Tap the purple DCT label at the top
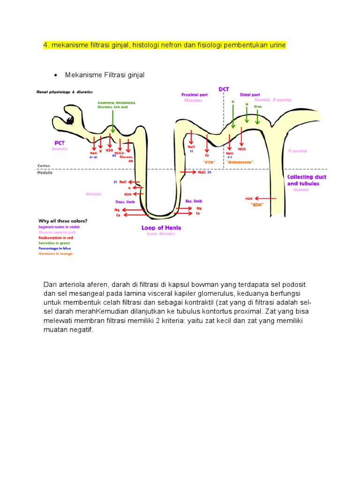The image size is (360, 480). click(224, 89)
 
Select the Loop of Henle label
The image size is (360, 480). click(161, 228)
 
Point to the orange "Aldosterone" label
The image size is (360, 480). click(240, 162)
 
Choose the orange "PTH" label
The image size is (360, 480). click(209, 162)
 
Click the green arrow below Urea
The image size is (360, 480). click(257, 117)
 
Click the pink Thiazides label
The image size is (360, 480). click(193, 100)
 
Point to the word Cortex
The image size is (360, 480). click(44, 165)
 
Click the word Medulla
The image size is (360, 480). click(45, 172)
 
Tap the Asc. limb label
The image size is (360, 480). click(194, 201)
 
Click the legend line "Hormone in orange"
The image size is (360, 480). click(56, 254)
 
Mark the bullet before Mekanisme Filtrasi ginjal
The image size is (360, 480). click(55, 75)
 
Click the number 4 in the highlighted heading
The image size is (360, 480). click(45, 45)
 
